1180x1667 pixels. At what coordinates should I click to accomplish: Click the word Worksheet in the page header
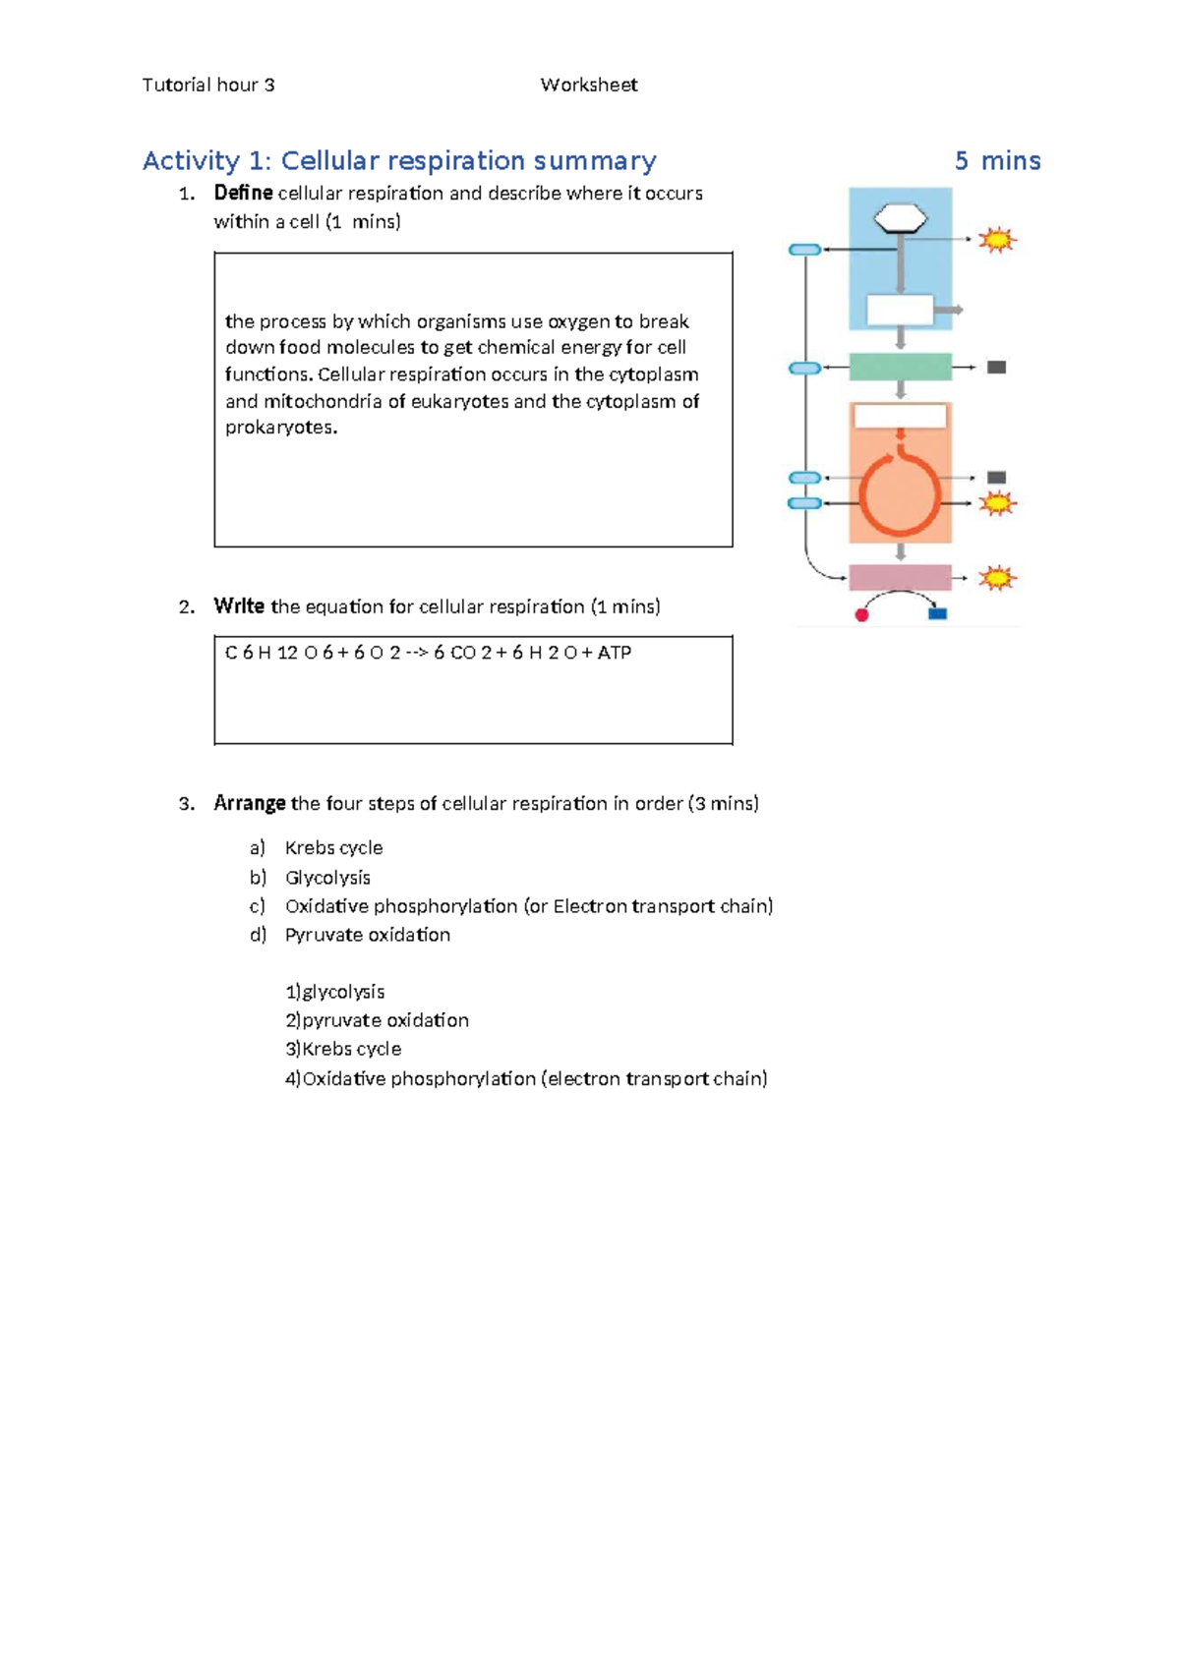(x=588, y=86)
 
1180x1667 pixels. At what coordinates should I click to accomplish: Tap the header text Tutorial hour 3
(x=208, y=86)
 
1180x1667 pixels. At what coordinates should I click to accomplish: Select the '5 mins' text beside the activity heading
(x=997, y=161)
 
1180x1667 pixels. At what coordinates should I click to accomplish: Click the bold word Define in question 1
(x=243, y=194)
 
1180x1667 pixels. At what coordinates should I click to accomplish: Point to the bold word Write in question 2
(x=239, y=606)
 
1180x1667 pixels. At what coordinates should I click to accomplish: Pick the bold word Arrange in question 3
(x=250, y=804)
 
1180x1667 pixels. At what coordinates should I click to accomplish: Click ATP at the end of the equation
(x=614, y=653)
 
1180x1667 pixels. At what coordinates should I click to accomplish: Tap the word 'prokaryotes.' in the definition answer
(x=281, y=428)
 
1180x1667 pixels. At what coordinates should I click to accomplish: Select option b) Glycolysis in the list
(x=327, y=878)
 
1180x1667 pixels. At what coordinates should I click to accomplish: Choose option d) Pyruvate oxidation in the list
(x=367, y=935)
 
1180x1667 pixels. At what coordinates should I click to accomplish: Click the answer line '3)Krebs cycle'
(x=343, y=1049)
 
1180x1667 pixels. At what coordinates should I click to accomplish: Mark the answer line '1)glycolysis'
(x=335, y=992)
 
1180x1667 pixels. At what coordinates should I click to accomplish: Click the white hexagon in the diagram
(x=901, y=218)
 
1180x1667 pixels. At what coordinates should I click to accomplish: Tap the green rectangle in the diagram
(x=900, y=367)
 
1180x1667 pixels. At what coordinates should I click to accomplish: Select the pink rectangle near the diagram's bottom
(x=900, y=577)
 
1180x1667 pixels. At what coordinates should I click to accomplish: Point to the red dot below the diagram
(x=862, y=615)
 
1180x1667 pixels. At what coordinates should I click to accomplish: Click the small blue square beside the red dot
(x=938, y=614)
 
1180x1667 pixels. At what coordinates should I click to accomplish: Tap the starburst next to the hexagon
(x=997, y=240)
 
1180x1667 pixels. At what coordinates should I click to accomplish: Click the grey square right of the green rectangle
(x=996, y=368)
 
